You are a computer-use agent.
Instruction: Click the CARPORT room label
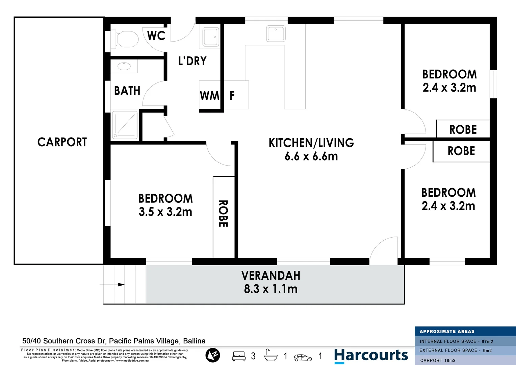tap(62, 142)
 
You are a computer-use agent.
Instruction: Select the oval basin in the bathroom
tap(124, 66)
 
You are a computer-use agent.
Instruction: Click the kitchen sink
tap(276, 33)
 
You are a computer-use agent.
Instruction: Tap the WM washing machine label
tap(209, 96)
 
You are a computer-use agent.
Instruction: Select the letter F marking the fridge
tap(232, 96)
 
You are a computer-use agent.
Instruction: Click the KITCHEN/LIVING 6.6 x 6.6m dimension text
tap(311, 156)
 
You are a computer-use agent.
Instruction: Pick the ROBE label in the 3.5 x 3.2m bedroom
tap(223, 214)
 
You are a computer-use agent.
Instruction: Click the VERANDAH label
tap(271, 276)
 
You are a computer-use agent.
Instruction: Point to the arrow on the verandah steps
tap(121, 285)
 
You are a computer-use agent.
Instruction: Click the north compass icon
tap(213, 355)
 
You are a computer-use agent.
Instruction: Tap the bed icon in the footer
tap(239, 356)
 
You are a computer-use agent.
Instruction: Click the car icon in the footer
tap(303, 357)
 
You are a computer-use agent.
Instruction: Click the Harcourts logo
tap(371, 356)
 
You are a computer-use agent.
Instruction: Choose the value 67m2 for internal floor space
tap(487, 342)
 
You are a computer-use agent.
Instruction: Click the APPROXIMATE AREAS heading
tap(447, 332)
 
